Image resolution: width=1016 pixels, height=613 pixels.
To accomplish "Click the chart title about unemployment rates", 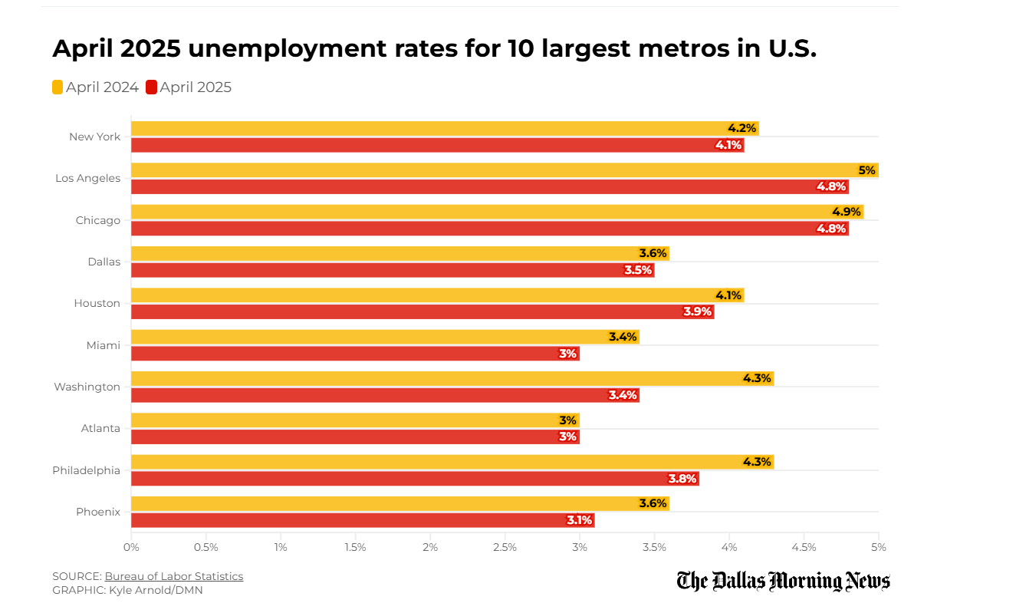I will coord(434,48).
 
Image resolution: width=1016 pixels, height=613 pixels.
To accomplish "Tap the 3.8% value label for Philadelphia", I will coord(682,479).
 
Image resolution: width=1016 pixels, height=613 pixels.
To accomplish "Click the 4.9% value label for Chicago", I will coord(847,212).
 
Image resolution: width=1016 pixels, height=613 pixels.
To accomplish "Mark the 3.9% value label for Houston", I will coord(697,311).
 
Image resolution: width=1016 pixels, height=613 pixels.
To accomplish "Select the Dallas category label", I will coord(104,262).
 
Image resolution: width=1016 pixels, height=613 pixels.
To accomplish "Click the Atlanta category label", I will coord(100,428).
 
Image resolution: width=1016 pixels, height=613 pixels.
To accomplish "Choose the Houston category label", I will coord(97,303).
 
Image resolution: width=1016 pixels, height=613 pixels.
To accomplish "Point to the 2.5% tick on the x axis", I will coord(505,547).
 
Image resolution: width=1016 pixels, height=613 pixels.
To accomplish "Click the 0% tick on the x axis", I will coord(131,547).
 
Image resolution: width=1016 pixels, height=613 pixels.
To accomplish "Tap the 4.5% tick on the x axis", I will coord(804,547).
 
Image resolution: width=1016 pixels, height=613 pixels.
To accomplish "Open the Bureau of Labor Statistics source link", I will coord(174,576).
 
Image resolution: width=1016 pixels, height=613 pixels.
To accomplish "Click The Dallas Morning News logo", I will coord(783,581).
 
